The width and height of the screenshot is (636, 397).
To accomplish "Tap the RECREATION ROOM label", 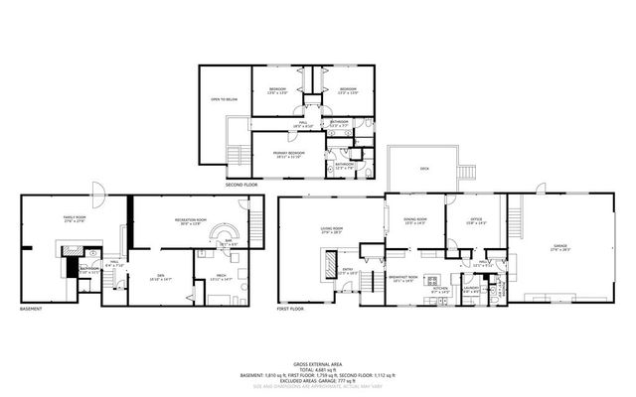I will (187, 220).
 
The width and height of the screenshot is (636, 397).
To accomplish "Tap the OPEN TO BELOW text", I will (222, 99).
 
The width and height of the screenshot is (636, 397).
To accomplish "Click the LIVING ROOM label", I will (331, 229).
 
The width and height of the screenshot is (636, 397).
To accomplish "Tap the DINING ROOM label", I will (414, 219).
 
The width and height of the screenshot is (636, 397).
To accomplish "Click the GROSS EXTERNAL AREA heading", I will (318, 363).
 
